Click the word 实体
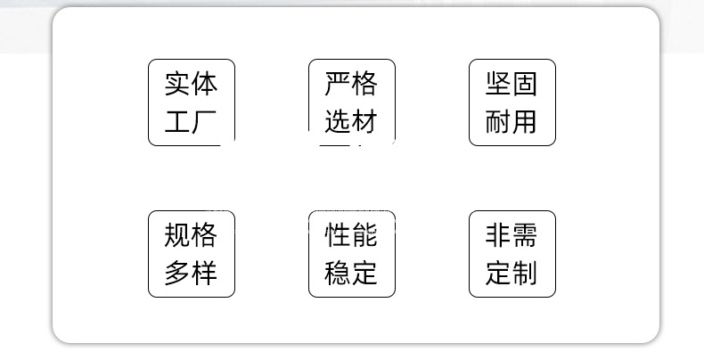click(191, 85)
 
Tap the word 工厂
click(191, 121)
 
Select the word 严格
click(351, 85)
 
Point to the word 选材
click(351, 121)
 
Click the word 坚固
click(512, 85)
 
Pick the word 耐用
click(512, 121)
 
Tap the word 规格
click(191, 235)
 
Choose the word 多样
click(191, 273)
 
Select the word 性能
click(351, 235)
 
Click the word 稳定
click(351, 273)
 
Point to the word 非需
click(512, 235)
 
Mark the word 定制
click(512, 273)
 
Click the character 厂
click(205, 121)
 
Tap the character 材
click(364, 121)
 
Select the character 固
click(525, 85)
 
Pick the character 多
click(177, 273)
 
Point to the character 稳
click(338, 273)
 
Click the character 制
click(525, 273)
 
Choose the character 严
click(338, 85)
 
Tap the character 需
click(525, 235)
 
